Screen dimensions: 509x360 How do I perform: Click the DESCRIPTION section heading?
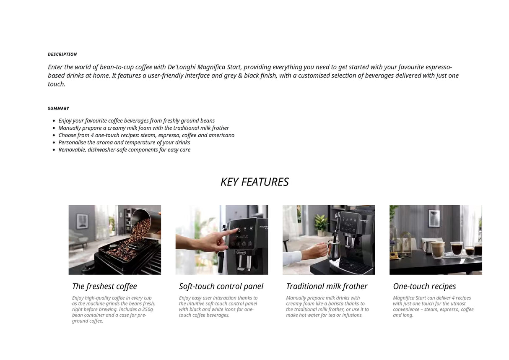(62, 55)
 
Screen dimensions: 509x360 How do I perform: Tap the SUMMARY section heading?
(58, 109)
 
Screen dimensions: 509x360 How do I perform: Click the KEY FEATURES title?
(254, 182)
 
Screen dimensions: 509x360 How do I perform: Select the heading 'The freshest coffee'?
(104, 286)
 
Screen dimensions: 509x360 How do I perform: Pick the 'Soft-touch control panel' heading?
(221, 286)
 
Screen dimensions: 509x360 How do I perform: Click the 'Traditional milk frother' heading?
(327, 286)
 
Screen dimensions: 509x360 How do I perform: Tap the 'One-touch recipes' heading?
(424, 286)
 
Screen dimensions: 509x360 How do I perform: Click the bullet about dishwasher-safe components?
(124, 150)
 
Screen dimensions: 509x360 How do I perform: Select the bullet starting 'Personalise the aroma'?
(124, 142)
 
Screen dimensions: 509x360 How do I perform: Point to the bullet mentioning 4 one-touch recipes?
(146, 135)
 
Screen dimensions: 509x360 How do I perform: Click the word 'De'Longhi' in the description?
(182, 67)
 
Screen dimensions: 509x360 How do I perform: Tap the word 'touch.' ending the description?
(57, 84)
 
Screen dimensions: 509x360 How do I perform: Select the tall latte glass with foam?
(437, 250)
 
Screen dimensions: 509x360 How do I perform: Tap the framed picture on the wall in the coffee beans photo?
(82, 221)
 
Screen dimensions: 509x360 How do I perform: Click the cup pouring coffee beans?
(145, 217)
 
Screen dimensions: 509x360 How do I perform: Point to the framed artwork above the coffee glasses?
(434, 218)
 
